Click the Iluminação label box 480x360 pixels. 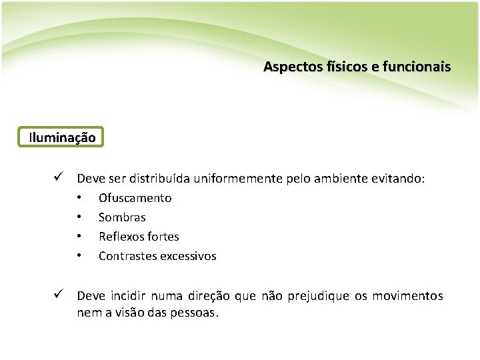[x=62, y=138]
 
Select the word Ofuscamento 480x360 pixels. [x=135, y=198]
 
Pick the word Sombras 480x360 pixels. [x=122, y=217]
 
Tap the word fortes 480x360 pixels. [x=163, y=237]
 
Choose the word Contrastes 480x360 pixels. [x=127, y=256]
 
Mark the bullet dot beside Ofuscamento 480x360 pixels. [x=79, y=198]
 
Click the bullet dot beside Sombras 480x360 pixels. [x=79, y=217]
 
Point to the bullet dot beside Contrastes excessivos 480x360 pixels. [x=79, y=256]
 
